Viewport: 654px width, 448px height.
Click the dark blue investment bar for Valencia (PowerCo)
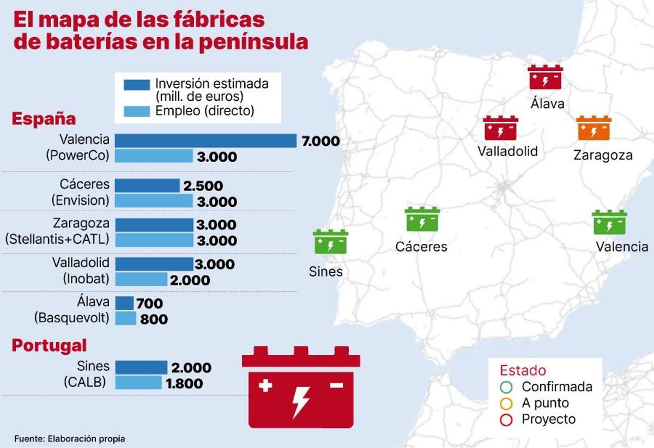(x=205, y=141)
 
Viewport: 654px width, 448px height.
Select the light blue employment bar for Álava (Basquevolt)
(x=125, y=318)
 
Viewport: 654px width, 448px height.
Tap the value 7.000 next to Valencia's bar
(x=320, y=142)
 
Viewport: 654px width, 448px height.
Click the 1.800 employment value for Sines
(x=184, y=383)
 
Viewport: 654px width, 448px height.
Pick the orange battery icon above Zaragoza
(x=594, y=128)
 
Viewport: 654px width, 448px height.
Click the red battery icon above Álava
(x=545, y=77)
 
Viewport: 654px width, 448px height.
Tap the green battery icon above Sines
(x=330, y=242)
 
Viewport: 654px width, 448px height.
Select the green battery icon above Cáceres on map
(x=422, y=219)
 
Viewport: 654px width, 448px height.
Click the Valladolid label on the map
(x=507, y=151)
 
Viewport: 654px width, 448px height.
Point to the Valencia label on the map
(x=622, y=247)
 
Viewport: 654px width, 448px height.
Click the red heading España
(x=44, y=119)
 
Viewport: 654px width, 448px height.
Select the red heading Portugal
(x=50, y=345)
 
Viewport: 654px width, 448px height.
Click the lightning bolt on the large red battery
(x=300, y=400)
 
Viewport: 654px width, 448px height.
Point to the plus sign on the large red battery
(x=265, y=386)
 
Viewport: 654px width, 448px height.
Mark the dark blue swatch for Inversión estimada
(x=136, y=85)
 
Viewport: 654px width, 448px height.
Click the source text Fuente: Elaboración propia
(x=70, y=438)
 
